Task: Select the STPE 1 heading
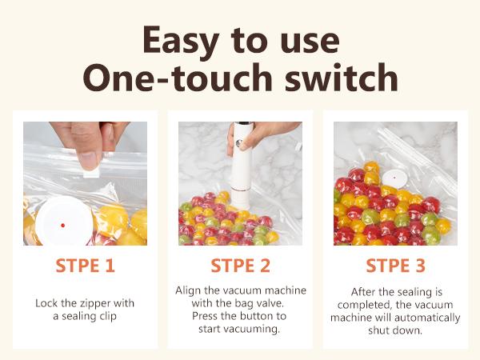85,266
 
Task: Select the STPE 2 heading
240,266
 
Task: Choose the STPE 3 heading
395,266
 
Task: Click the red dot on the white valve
62,226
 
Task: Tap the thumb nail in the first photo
87,158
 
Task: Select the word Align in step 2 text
190,290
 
